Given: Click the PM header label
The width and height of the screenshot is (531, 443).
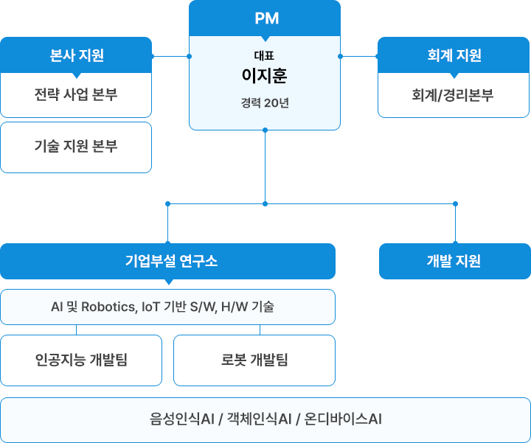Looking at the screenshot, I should point(265,18).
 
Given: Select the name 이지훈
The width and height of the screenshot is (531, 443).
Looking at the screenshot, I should point(265,75).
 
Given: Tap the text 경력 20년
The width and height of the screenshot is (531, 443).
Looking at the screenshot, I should point(265,102).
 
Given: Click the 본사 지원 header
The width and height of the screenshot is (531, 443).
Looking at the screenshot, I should point(76,55).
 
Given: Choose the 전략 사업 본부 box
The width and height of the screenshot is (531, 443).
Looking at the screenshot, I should point(76,94).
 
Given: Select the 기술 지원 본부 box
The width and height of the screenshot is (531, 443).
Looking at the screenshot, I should point(76,146).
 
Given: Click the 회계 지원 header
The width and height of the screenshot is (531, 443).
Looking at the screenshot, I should point(454,55).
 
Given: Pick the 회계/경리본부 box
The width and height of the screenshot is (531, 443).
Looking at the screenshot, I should point(454,94).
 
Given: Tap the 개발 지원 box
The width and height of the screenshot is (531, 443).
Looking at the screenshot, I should point(454,260).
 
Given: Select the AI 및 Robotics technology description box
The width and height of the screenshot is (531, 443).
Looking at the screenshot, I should point(168,307).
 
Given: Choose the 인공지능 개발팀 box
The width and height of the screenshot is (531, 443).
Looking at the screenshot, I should point(81,360).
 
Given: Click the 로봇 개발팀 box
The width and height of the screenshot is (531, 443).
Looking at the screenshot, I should point(254,360).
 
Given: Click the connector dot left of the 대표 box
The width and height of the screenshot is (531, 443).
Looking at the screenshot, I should point(190,56).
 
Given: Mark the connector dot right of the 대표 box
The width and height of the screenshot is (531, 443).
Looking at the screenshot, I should point(340,56).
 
